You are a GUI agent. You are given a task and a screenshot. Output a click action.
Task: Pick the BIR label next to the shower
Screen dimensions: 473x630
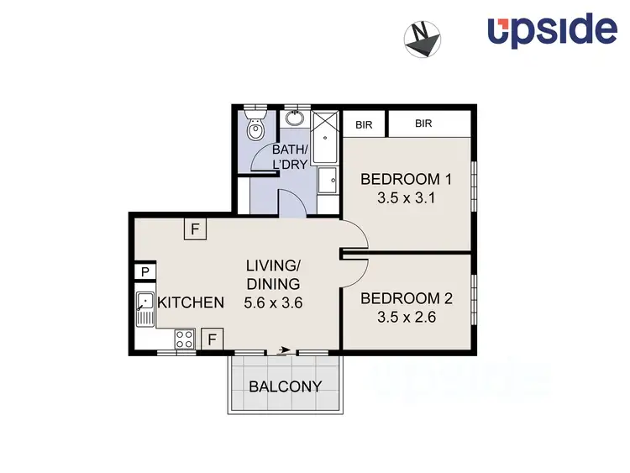coord(364,124)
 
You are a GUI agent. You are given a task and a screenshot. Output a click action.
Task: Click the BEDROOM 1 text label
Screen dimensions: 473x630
coord(406,179)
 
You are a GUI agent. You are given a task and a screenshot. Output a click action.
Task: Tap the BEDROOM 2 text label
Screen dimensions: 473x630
coord(406,298)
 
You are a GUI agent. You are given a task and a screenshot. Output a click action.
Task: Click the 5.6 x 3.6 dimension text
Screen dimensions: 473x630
coord(272,302)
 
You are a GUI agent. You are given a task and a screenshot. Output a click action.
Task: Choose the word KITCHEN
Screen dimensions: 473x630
coord(191,303)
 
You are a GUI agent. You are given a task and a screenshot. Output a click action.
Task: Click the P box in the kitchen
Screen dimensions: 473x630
coord(144,271)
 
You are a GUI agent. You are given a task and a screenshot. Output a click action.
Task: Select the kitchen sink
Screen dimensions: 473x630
coord(144,308)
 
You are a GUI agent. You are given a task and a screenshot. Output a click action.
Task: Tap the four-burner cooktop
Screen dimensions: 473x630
coord(185,339)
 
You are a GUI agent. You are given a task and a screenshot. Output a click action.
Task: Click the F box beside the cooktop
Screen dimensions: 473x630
coord(213,339)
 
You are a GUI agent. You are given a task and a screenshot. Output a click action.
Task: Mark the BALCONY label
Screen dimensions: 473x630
coord(286,386)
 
